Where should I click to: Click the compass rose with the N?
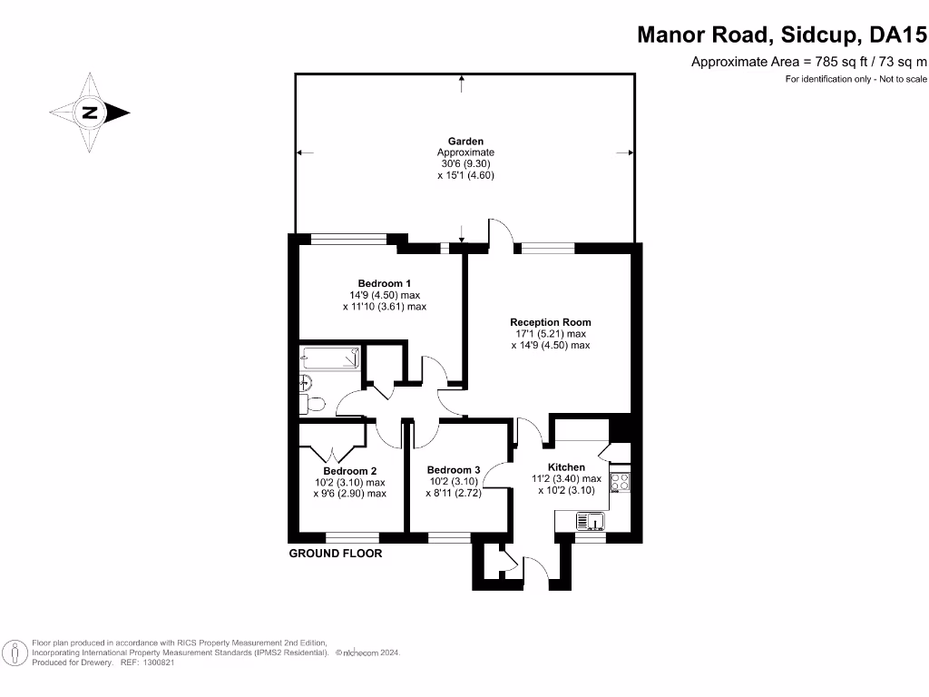tap(89, 113)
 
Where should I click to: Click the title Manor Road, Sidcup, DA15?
tap(782, 35)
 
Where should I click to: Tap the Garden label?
tap(465, 141)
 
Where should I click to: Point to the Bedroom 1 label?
tap(384, 283)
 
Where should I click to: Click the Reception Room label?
tap(550, 322)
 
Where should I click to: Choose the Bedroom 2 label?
tap(349, 471)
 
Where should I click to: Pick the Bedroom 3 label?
tap(453, 469)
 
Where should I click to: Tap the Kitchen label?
tap(566, 467)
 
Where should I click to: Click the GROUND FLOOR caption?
tap(335, 554)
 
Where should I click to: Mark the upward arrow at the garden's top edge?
tap(463, 83)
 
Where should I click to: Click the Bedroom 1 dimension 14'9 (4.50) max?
tap(385, 295)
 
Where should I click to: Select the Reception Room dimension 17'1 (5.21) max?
tap(551, 334)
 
